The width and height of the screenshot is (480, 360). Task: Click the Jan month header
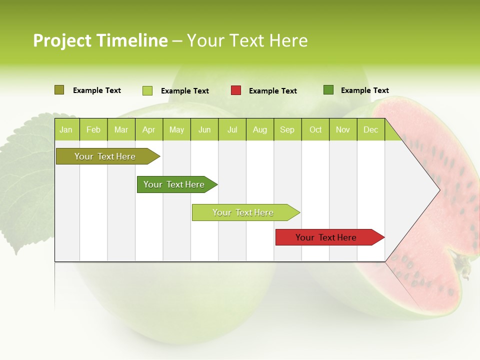click(66, 130)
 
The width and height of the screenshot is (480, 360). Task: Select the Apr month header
click(148, 130)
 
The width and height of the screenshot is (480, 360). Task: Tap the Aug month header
click(259, 130)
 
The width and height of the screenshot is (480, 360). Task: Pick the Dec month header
click(370, 130)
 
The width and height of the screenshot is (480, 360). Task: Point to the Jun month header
click(204, 130)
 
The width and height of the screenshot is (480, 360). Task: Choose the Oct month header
click(315, 130)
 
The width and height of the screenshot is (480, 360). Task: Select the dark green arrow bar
click(175, 184)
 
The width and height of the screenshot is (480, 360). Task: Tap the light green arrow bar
click(243, 212)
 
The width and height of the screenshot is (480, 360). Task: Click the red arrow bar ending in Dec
click(327, 237)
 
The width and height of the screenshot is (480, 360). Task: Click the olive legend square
click(59, 90)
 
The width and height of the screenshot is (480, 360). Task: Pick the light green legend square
click(147, 90)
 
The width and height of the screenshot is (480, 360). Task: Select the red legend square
click(236, 90)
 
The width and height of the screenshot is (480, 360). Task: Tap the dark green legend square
click(328, 90)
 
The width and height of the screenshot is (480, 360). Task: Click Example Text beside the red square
click(273, 91)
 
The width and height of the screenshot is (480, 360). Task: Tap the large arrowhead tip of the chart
click(438, 190)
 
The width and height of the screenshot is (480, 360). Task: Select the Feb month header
click(93, 130)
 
